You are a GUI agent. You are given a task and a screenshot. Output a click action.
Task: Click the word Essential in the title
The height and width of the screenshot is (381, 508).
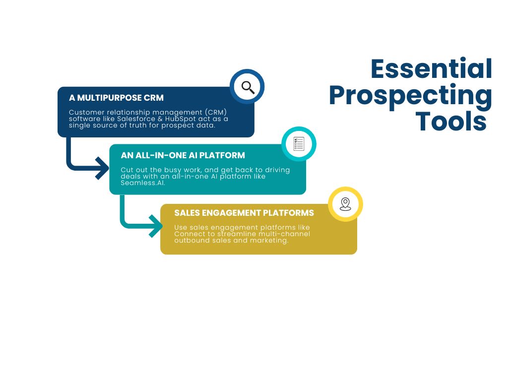pyautogui.click(x=431, y=68)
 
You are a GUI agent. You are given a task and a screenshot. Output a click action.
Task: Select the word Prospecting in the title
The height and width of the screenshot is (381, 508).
pyautogui.click(x=410, y=96)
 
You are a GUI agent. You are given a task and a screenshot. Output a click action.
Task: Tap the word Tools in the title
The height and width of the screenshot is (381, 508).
pyautogui.click(x=451, y=122)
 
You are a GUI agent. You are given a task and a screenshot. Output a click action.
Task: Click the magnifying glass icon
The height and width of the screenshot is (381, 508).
pyautogui.click(x=248, y=87)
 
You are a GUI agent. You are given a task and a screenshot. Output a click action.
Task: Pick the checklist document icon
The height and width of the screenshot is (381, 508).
pyautogui.click(x=299, y=144)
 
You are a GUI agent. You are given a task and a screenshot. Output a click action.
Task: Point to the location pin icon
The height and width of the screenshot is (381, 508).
pyautogui.click(x=345, y=204)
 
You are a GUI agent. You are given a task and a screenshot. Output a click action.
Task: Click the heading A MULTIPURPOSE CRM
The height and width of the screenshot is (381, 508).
pyautogui.click(x=116, y=98)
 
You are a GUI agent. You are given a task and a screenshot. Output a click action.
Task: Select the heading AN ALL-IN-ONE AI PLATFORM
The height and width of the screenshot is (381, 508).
pyautogui.click(x=183, y=155)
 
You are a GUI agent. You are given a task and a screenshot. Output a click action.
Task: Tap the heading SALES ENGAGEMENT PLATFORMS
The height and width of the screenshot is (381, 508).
pyautogui.click(x=244, y=213)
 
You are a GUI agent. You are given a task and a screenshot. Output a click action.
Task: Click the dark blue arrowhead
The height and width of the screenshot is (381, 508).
pyautogui.click(x=103, y=168)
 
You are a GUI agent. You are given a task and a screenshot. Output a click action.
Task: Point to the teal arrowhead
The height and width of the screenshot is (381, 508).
pyautogui.click(x=156, y=226)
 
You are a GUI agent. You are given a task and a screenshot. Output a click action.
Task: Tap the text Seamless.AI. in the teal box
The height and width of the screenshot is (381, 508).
pyautogui.click(x=143, y=183)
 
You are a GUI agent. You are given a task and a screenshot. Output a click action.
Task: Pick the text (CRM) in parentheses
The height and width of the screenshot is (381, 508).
pyautogui.click(x=216, y=113)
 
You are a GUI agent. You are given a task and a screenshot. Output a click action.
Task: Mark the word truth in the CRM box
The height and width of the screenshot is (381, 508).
pyautogui.click(x=138, y=126)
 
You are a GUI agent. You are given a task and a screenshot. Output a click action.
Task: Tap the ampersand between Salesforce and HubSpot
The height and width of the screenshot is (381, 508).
pyautogui.click(x=160, y=119)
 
